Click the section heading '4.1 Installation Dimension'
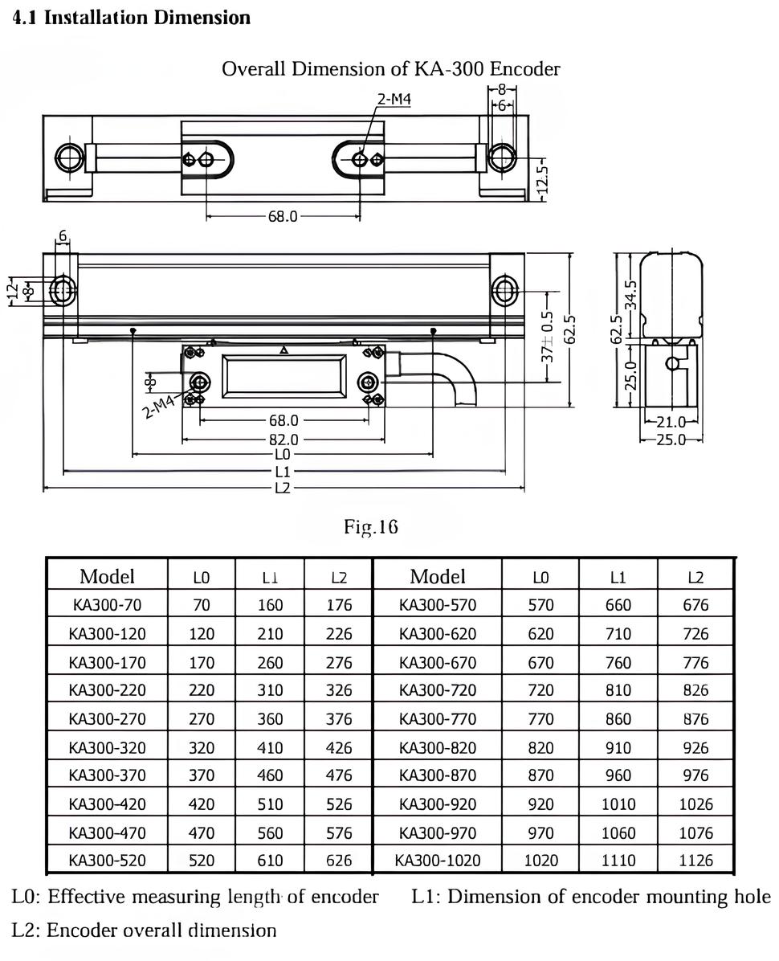(132, 17)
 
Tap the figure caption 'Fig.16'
(370, 526)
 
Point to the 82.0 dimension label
(283, 440)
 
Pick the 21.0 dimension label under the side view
(671, 422)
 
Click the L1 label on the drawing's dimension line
(283, 471)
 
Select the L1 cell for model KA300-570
(618, 605)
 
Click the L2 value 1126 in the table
(695, 861)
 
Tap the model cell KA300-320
(108, 747)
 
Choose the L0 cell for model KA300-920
(540, 804)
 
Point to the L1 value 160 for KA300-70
(270, 605)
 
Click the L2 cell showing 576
(339, 833)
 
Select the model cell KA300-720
(438, 690)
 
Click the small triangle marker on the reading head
(283, 350)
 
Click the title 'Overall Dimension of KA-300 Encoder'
(390, 68)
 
